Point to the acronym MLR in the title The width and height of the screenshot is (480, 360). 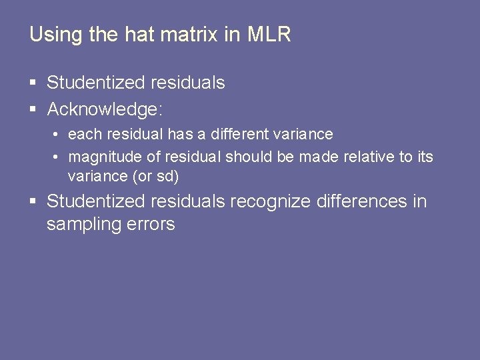[269, 35]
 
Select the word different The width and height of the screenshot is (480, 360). [238, 134]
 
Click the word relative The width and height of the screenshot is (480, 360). [366, 157]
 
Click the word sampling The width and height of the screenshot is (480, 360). [83, 225]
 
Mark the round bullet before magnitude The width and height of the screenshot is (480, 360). [58, 157]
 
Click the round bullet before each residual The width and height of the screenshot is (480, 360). [58, 134]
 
